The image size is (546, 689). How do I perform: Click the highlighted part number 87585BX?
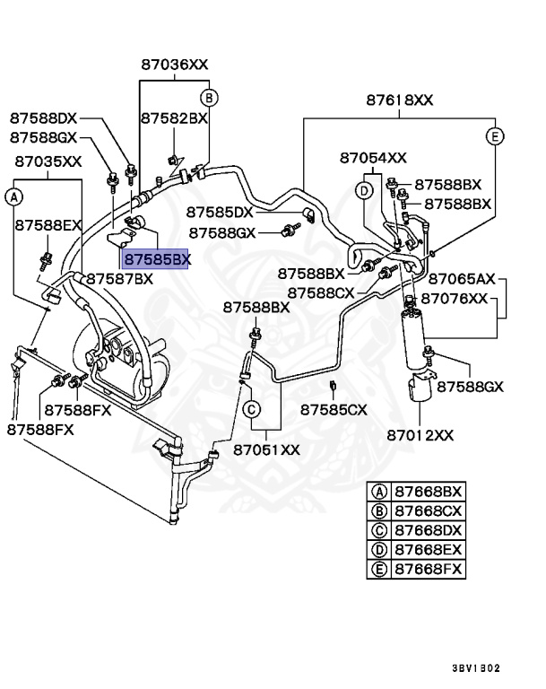click(156, 259)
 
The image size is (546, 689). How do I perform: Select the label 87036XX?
click(175, 65)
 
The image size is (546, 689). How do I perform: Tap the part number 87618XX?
click(400, 100)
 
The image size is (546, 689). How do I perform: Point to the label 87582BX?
click(174, 118)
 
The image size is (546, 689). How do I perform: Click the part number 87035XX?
click(48, 161)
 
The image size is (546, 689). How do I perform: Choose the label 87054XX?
click(373, 158)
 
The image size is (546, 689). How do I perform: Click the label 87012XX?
click(420, 435)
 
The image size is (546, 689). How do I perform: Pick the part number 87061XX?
click(266, 450)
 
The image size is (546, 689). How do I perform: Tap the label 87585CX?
click(334, 410)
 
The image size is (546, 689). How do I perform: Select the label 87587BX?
click(119, 279)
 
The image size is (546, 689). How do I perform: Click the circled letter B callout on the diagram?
click(209, 98)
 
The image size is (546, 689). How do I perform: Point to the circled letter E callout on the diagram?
click(495, 136)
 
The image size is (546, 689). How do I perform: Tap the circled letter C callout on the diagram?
click(252, 409)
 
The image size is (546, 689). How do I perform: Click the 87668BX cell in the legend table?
click(429, 492)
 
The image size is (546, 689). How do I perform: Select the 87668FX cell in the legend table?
click(429, 569)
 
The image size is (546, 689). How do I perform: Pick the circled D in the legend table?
click(379, 550)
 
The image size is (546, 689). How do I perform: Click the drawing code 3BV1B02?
click(476, 668)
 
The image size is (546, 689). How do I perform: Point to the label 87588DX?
click(44, 118)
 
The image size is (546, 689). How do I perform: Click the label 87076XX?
click(455, 299)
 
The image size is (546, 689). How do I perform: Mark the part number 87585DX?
click(220, 213)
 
